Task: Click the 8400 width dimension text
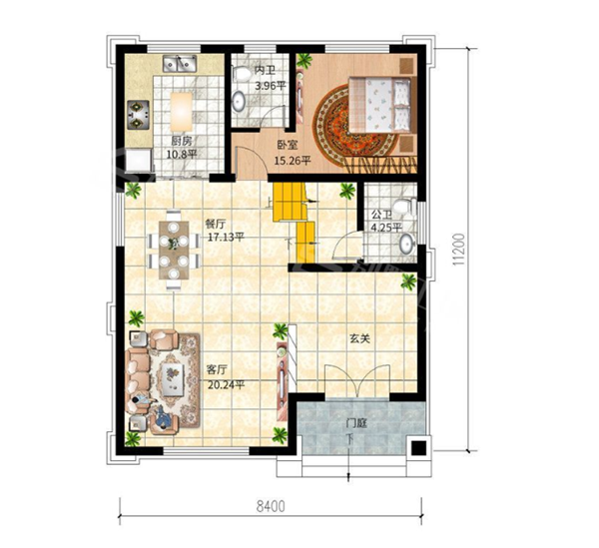point(271,506)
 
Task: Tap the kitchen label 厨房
point(181,142)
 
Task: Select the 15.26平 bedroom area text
point(293,161)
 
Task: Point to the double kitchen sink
point(179,64)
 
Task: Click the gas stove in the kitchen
point(139,114)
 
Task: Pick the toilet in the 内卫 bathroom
point(240,73)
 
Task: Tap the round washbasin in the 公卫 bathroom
point(407,244)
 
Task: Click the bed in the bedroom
point(380,104)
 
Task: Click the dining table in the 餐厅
point(174,251)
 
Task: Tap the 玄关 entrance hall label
point(359,338)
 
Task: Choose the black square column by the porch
point(418,447)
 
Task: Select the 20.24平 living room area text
point(227,385)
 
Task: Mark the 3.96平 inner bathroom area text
point(271,86)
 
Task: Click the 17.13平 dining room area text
point(226,238)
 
